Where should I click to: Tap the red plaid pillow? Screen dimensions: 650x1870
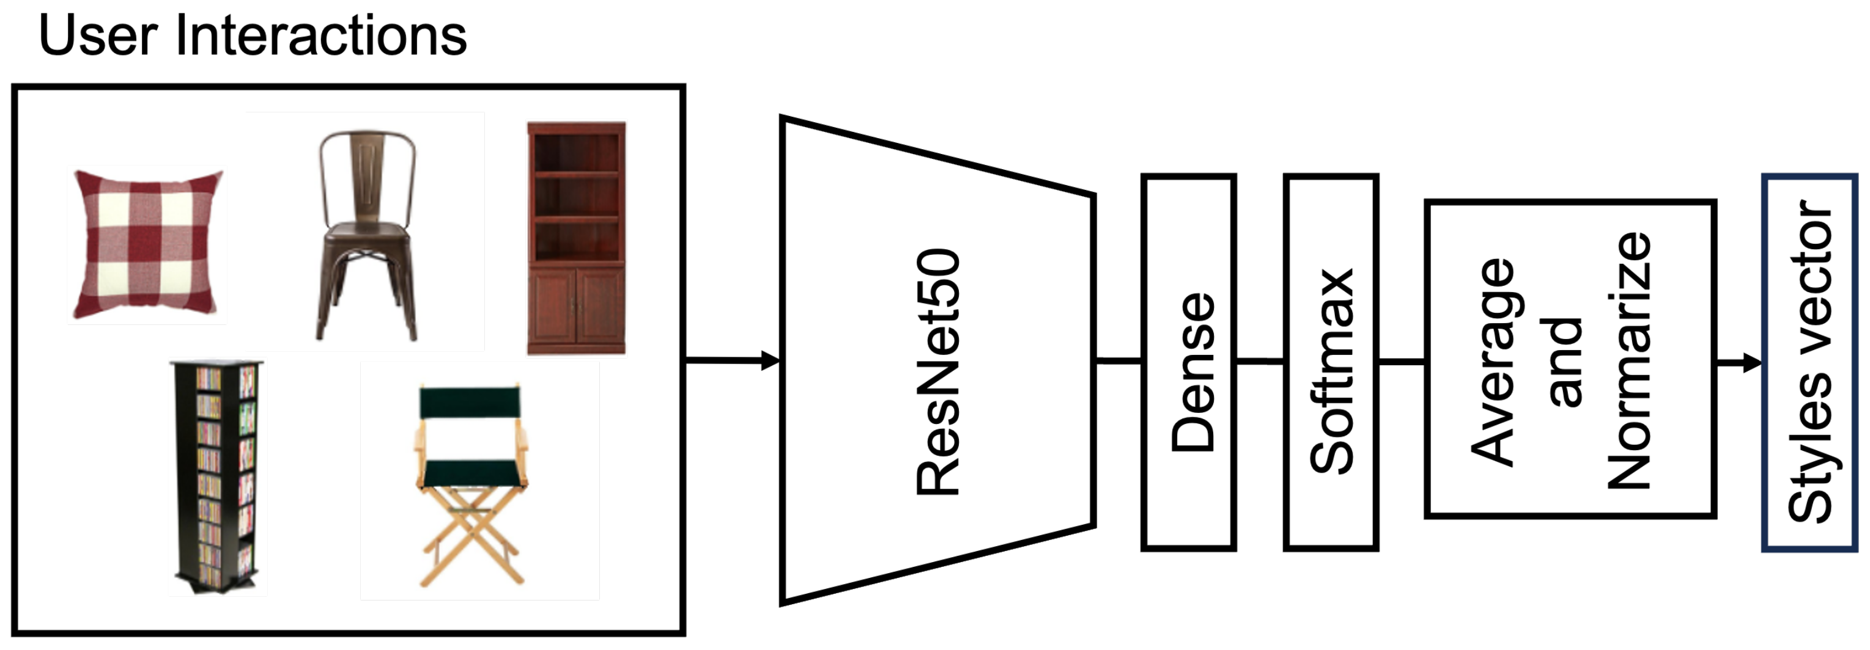pyautogui.click(x=147, y=244)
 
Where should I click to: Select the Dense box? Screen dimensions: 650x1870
pyautogui.click(x=1188, y=363)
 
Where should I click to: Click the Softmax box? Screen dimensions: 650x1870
pyautogui.click(x=1331, y=363)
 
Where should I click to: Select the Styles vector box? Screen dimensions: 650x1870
pyautogui.click(x=1809, y=363)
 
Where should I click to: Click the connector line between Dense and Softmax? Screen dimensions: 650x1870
pyautogui.click(x=1260, y=360)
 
